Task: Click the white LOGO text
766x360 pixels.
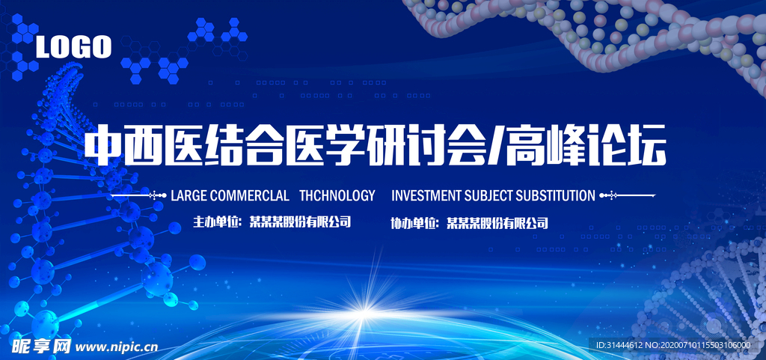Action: [74, 47]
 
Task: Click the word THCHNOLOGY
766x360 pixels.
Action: [337, 196]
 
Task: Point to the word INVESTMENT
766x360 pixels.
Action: [426, 196]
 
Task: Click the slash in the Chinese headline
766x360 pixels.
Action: [495, 146]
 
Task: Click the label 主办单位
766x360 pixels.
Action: [215, 222]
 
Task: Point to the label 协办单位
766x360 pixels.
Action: [412, 224]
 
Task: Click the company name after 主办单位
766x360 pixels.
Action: [300, 222]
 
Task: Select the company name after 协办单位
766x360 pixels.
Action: [497, 224]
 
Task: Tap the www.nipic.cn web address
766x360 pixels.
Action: [117, 347]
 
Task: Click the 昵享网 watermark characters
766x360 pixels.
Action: [42, 347]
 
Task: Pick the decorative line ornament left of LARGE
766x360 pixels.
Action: [139, 196]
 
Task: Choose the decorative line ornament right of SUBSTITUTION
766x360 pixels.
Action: [627, 196]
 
